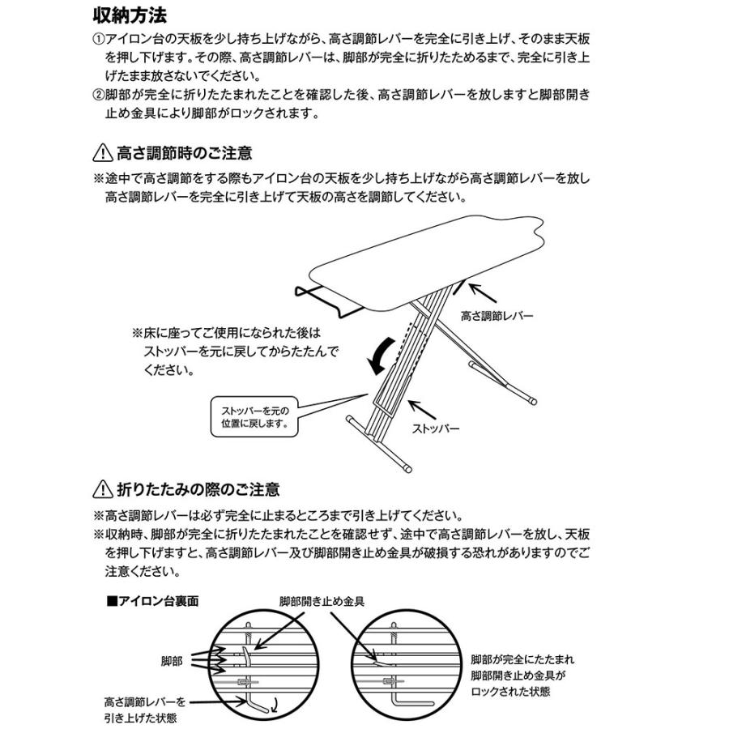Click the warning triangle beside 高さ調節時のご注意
103,152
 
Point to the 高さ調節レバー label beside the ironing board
497,316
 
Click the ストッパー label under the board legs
436,428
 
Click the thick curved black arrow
380,354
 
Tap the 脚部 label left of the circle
172,661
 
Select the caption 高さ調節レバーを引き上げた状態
144,710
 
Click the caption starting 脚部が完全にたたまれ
522,660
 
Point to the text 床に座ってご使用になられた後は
226,333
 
